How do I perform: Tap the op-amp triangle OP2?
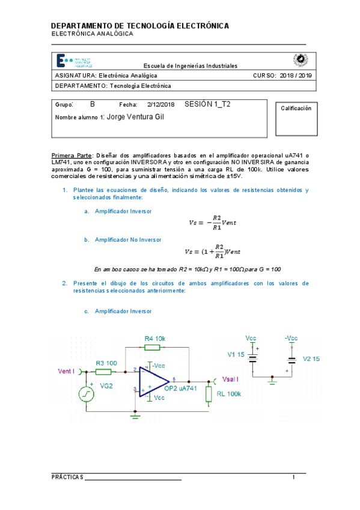pos(154,381)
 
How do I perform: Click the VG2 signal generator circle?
pos(88,394)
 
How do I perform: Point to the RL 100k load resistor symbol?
pos(210,395)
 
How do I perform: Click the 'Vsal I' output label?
pos(231,379)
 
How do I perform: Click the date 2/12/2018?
pos(160,104)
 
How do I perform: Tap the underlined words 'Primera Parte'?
pos(72,155)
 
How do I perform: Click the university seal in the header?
pos(298,60)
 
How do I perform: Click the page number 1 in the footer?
pos(294,477)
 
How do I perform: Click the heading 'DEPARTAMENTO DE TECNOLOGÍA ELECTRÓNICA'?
pos(139,26)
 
